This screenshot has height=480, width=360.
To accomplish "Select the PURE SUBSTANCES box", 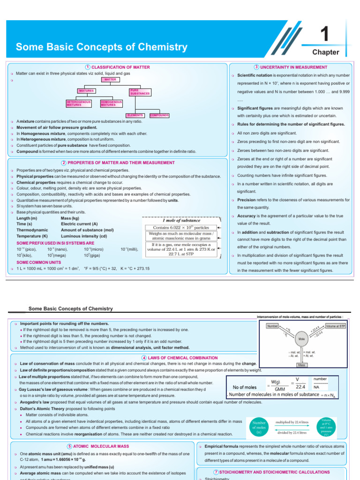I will (140, 91).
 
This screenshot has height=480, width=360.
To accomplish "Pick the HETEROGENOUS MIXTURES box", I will (78, 103).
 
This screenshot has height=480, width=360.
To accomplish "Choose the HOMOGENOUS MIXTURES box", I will (112, 103).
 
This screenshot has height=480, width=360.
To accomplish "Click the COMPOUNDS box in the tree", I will (159, 115).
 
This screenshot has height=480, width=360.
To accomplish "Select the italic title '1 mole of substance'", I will (181, 220).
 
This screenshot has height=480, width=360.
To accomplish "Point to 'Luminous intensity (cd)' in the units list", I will (85, 236).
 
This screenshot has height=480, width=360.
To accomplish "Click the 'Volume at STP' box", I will (336, 325).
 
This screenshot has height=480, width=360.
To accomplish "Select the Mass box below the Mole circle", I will (302, 364).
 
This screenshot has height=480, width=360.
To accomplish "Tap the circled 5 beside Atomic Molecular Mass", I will (70, 446).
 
